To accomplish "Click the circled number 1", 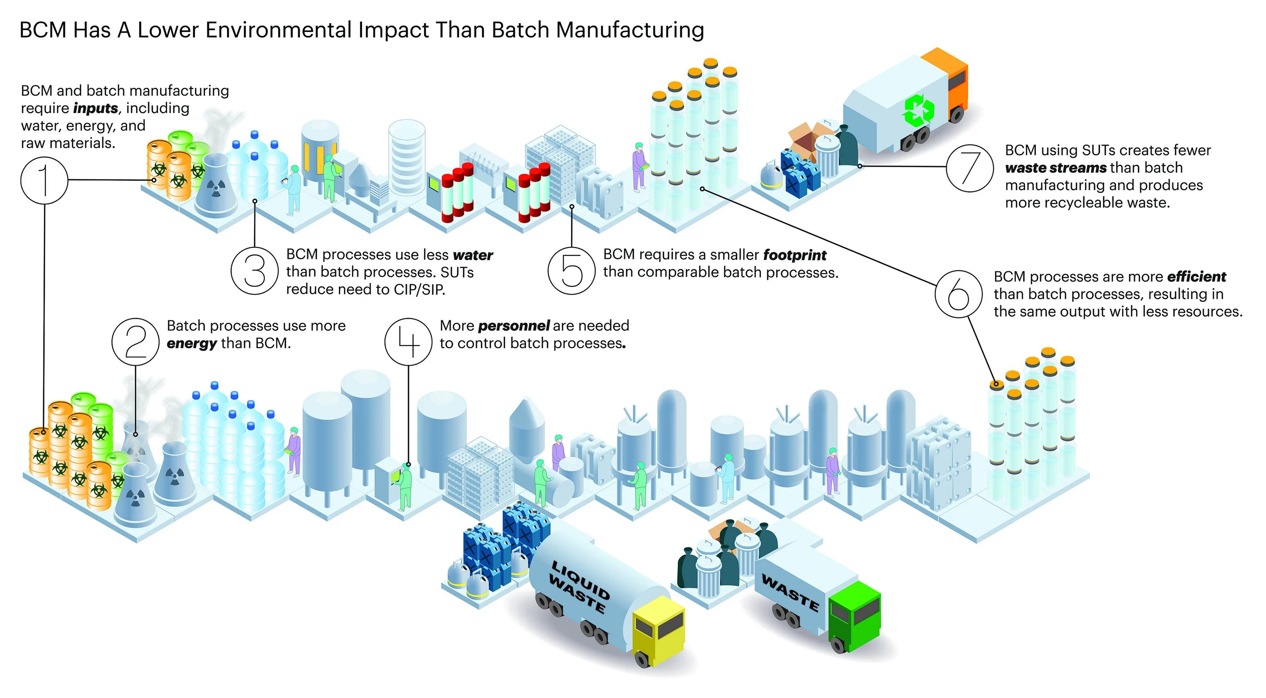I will point(44,180).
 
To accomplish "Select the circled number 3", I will point(254,271).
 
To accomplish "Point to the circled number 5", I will point(571,271).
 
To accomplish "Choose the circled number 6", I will point(959,294).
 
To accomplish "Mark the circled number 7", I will point(969,168).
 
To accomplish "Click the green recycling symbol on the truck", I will point(917,110).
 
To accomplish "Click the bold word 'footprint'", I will point(795,255).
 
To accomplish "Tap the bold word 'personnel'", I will point(514,326).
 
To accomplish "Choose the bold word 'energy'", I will point(192,343).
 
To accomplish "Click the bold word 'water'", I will point(473,255).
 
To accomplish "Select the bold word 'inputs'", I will point(96,108).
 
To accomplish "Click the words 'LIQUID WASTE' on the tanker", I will point(579,587).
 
